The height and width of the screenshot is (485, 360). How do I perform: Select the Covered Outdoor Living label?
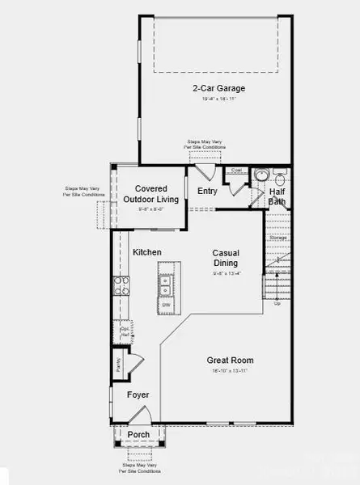pyautogui.click(x=150, y=193)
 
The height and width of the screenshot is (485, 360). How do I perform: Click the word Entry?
pyautogui.click(x=207, y=191)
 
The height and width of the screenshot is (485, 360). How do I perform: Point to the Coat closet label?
pyautogui.click(x=236, y=171)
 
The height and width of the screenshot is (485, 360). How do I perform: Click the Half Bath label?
pyautogui.click(x=277, y=196)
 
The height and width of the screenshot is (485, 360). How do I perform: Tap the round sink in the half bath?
pyautogui.click(x=261, y=175)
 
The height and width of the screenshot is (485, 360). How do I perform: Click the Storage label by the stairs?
pyautogui.click(x=278, y=238)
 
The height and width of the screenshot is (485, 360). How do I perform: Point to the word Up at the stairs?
pyautogui.click(x=278, y=304)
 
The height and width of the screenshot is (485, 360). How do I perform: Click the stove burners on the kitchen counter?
pyautogui.click(x=121, y=285)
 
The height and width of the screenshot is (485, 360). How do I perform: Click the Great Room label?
pyautogui.click(x=230, y=361)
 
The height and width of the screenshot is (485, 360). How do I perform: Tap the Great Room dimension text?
pyautogui.click(x=230, y=371)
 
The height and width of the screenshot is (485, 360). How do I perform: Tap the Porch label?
pyautogui.click(x=138, y=434)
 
